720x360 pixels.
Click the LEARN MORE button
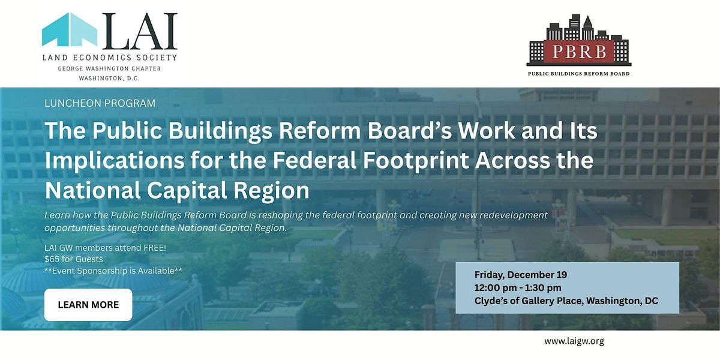(x=88, y=305)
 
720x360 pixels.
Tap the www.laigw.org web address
(x=574, y=341)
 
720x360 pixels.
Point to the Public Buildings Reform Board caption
(x=578, y=74)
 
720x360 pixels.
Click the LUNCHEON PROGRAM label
(x=100, y=103)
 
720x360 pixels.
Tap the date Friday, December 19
(x=521, y=275)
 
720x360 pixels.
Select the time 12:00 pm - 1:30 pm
(x=518, y=288)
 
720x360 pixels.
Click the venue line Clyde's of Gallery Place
(x=566, y=301)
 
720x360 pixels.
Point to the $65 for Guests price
(x=73, y=259)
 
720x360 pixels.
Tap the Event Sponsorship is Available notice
(x=113, y=271)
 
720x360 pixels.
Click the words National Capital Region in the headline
(x=177, y=190)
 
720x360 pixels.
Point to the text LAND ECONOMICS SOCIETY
(x=109, y=58)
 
